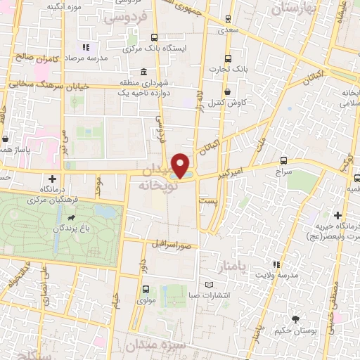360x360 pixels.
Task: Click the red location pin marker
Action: [181, 166]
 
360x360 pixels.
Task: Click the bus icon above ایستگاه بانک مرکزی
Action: [154, 38]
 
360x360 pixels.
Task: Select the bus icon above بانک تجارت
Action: [227, 59]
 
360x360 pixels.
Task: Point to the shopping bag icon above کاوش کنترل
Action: [227, 91]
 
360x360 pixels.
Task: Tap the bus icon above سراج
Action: [284, 160]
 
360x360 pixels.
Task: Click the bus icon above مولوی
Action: [146, 289]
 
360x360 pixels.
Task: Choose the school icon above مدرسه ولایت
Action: [276, 264]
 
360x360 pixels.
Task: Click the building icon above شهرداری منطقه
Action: [143, 72]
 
